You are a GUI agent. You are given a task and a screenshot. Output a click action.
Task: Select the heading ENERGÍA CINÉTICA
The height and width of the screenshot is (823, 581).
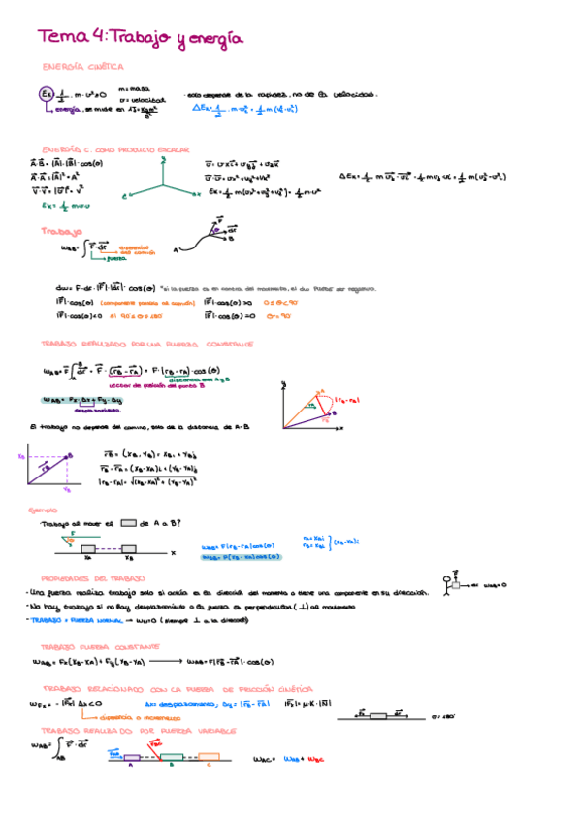point(83,67)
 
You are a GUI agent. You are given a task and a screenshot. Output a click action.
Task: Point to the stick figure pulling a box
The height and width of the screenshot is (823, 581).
point(454,582)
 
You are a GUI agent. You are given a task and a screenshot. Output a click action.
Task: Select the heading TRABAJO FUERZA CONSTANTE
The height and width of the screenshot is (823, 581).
point(86,646)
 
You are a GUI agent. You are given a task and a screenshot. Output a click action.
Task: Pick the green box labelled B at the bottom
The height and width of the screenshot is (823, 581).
point(171,756)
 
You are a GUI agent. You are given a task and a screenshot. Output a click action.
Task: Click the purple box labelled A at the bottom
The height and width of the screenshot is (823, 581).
point(130,756)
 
